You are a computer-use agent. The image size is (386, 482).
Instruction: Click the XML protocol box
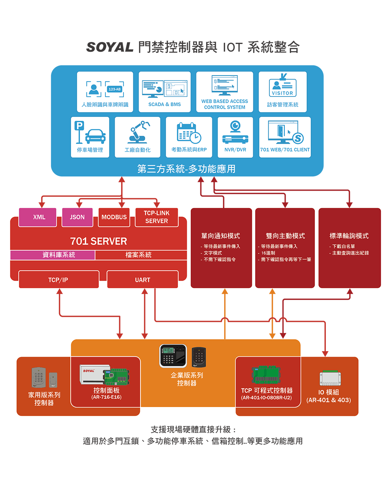[38, 217]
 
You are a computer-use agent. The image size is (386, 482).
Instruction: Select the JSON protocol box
[77, 217]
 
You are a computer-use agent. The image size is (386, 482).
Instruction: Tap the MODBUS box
[114, 217]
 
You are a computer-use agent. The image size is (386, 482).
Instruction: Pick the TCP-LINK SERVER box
[156, 217]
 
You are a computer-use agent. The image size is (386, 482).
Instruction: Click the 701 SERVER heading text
[98, 241]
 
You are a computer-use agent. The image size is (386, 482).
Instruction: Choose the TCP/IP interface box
[58, 280]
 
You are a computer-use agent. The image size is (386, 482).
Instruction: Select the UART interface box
[142, 280]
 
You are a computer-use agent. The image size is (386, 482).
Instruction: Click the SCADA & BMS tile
[164, 92]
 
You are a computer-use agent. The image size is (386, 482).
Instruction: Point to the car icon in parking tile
[95, 136]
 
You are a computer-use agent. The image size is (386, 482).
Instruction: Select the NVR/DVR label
[235, 150]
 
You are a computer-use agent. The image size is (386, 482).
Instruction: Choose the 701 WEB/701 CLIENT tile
[285, 137]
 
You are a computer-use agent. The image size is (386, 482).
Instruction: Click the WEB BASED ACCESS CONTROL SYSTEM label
[225, 104]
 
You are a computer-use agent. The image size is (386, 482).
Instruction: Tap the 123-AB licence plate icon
[115, 89]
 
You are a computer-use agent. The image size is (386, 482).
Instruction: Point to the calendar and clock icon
[189, 132]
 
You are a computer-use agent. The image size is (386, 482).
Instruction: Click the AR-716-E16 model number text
[106, 397]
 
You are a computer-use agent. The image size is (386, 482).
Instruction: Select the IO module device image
[330, 378]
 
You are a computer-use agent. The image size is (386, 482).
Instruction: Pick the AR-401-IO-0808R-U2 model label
[266, 397]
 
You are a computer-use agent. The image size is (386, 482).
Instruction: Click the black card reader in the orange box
[199, 357]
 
